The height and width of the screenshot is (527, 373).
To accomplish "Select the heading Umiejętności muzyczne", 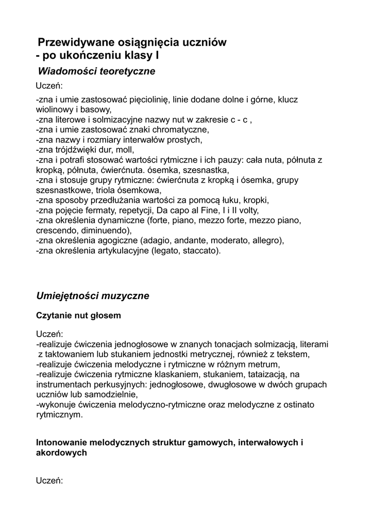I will [93, 296].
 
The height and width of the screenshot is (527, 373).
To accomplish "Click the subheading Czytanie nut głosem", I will [78, 315].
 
